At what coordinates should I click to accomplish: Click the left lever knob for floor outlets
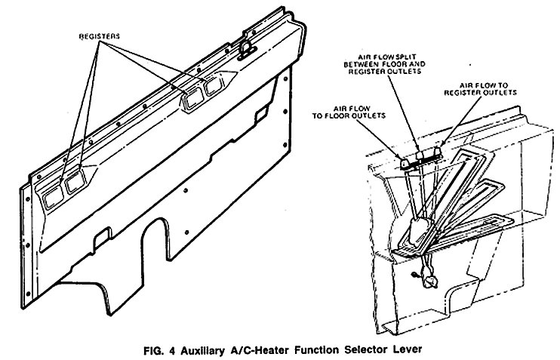point(403,162)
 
